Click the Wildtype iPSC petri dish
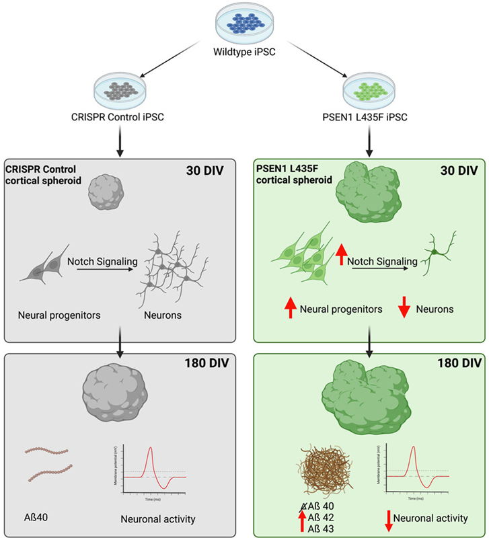(x=244, y=22)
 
